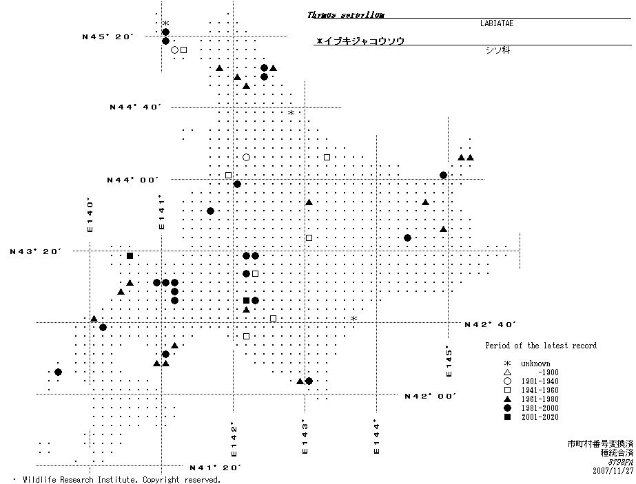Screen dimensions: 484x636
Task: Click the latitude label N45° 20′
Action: pos(107,37)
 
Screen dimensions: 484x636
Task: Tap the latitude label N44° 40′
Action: pos(135,107)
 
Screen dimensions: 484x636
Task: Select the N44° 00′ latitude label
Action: pos(132,180)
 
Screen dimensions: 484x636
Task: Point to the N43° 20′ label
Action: pos(35,251)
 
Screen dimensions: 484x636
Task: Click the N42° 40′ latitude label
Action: pos(491,324)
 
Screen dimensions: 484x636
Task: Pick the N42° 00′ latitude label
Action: pos(431,396)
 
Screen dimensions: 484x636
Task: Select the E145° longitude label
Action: pos(449,361)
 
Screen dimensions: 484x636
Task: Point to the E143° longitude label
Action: pos(304,437)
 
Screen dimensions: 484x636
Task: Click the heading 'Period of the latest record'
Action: pos(540,346)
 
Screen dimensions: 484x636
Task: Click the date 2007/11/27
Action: pos(612,471)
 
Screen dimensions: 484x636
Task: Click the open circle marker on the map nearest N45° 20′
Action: pos(175,50)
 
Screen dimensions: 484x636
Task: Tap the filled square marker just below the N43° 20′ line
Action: pos(130,256)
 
